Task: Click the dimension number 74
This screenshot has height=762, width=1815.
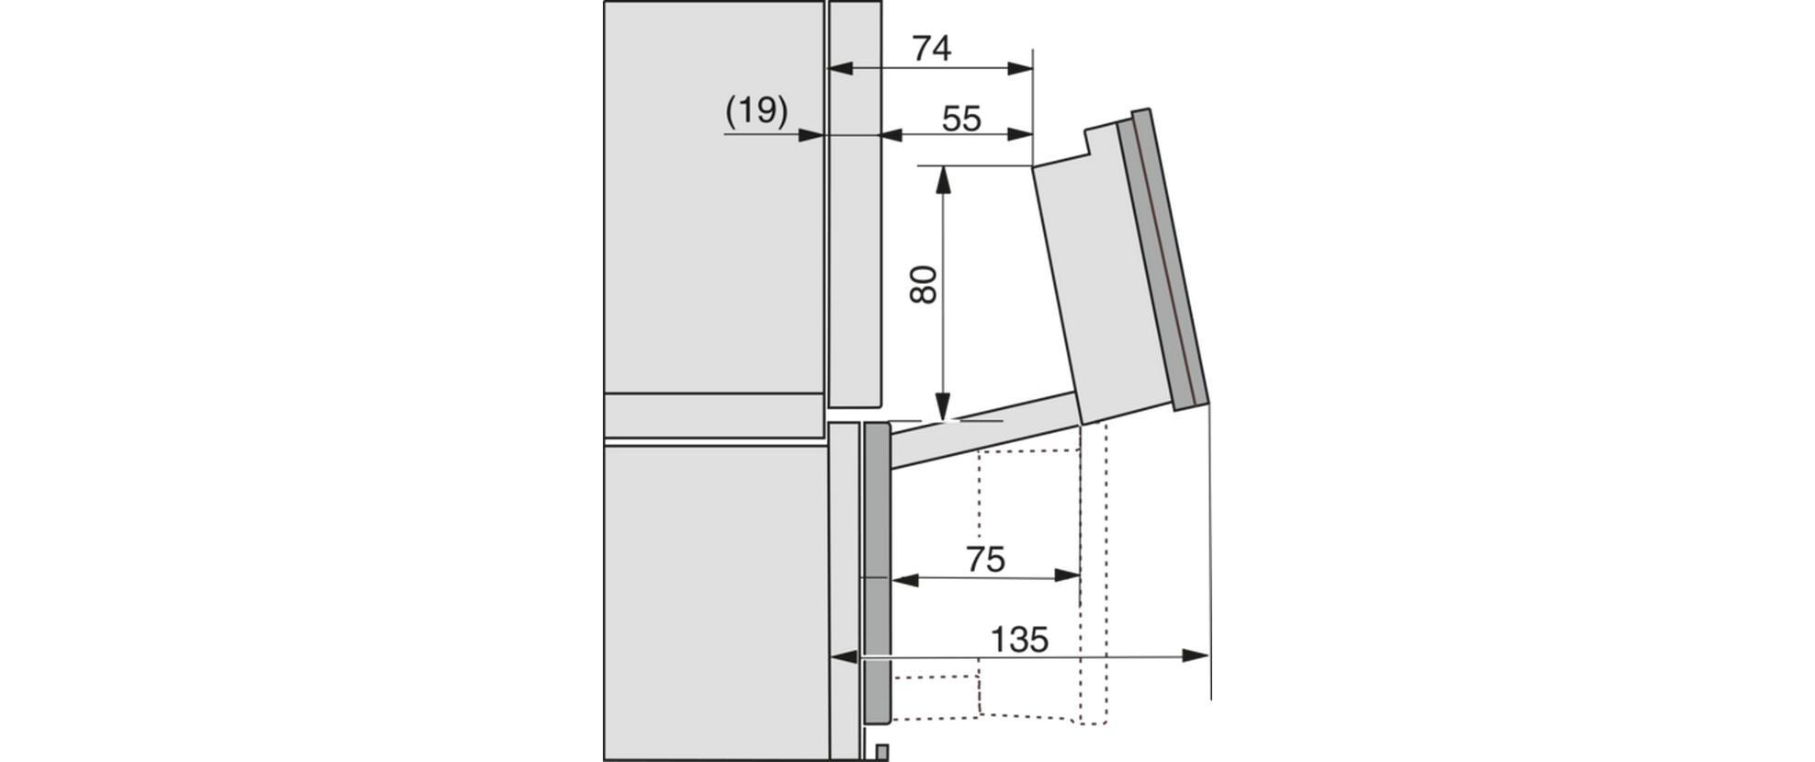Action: tap(931, 49)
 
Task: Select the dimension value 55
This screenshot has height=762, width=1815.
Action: tap(961, 119)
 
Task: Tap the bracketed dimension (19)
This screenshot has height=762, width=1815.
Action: tap(756, 110)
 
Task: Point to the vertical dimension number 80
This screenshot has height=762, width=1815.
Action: tap(923, 285)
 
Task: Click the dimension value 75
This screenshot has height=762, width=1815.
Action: tap(985, 559)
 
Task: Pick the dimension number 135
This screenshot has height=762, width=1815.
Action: tap(1019, 639)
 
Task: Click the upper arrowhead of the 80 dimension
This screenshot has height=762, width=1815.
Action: tap(942, 179)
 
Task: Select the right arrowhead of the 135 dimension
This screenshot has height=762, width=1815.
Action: tap(1195, 655)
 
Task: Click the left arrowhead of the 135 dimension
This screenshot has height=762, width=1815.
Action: tap(844, 656)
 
